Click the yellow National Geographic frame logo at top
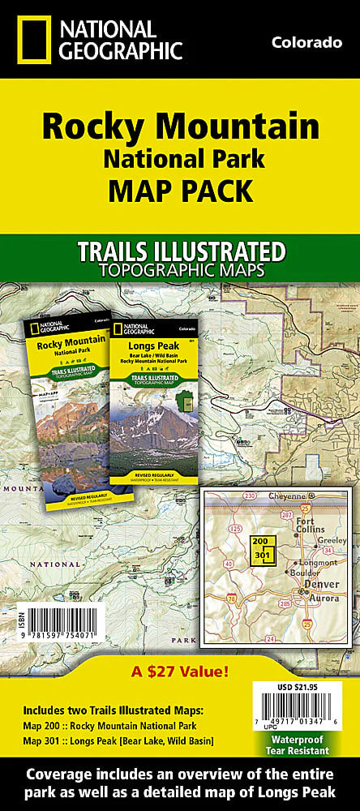[27, 40]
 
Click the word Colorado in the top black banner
[306, 43]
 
